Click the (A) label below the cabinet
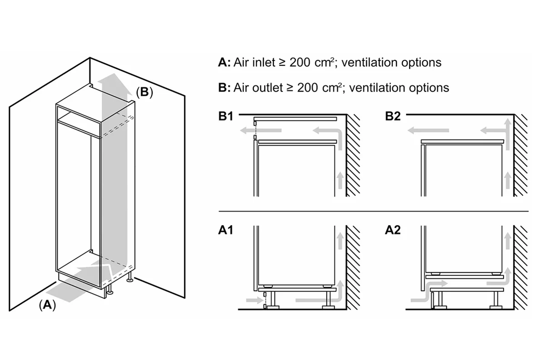tap(47, 304)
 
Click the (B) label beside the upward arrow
tap(144, 92)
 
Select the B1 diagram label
tap(226, 116)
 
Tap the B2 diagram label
tap(393, 116)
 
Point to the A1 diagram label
tap(226, 230)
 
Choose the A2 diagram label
tap(393, 230)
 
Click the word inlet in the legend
tap(264, 63)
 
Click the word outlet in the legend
tap(268, 88)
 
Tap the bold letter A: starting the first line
tap(224, 63)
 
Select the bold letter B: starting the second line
tap(224, 88)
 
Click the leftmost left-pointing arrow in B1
tap(261, 131)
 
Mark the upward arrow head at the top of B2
tap(507, 123)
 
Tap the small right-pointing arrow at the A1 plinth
tap(255, 300)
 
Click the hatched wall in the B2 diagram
tap(520, 155)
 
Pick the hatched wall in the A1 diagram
tap(353, 267)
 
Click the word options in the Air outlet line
tap(429, 88)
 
